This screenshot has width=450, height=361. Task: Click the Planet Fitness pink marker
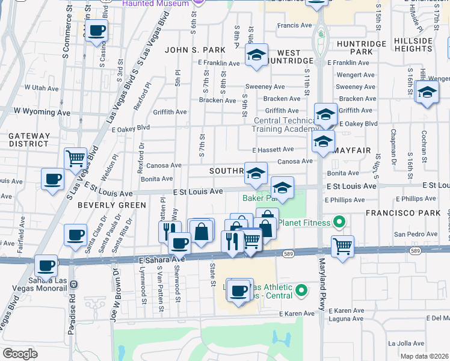(x=339, y=223)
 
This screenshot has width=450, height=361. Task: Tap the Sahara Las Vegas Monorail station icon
(x=73, y=284)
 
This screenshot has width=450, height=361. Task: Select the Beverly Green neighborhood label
(x=112, y=205)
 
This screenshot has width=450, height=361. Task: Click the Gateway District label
(x=28, y=140)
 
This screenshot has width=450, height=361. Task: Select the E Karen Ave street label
(x=297, y=313)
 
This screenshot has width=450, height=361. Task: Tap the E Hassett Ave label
(x=273, y=149)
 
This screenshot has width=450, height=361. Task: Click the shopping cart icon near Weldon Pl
(x=76, y=159)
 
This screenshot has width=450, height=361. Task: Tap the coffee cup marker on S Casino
(x=96, y=31)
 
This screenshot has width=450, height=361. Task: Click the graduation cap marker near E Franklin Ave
(x=256, y=56)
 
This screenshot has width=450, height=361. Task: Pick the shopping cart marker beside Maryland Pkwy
(x=342, y=245)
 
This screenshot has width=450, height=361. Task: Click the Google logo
(x=20, y=354)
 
